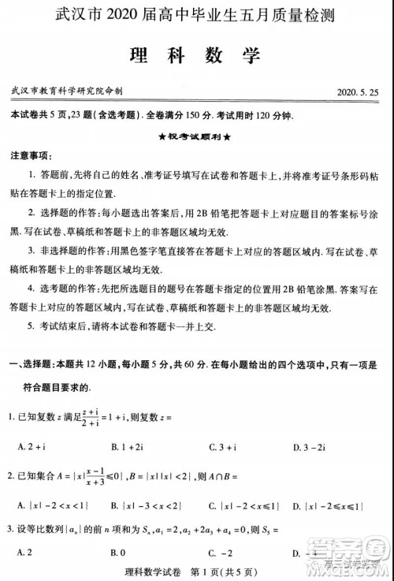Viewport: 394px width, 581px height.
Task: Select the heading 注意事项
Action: coord(32,155)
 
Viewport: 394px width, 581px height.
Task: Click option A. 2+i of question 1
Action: coord(31,447)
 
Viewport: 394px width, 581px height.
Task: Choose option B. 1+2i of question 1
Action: coord(128,447)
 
